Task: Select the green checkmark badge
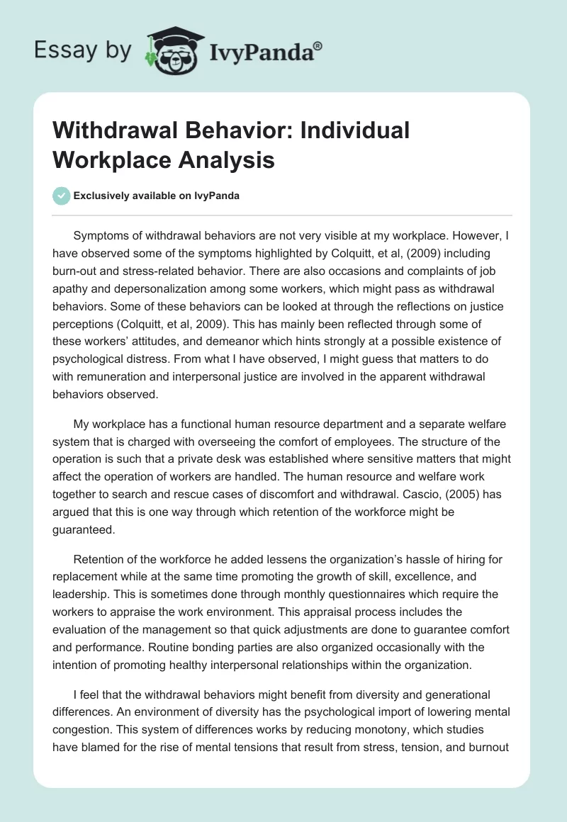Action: point(62,196)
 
